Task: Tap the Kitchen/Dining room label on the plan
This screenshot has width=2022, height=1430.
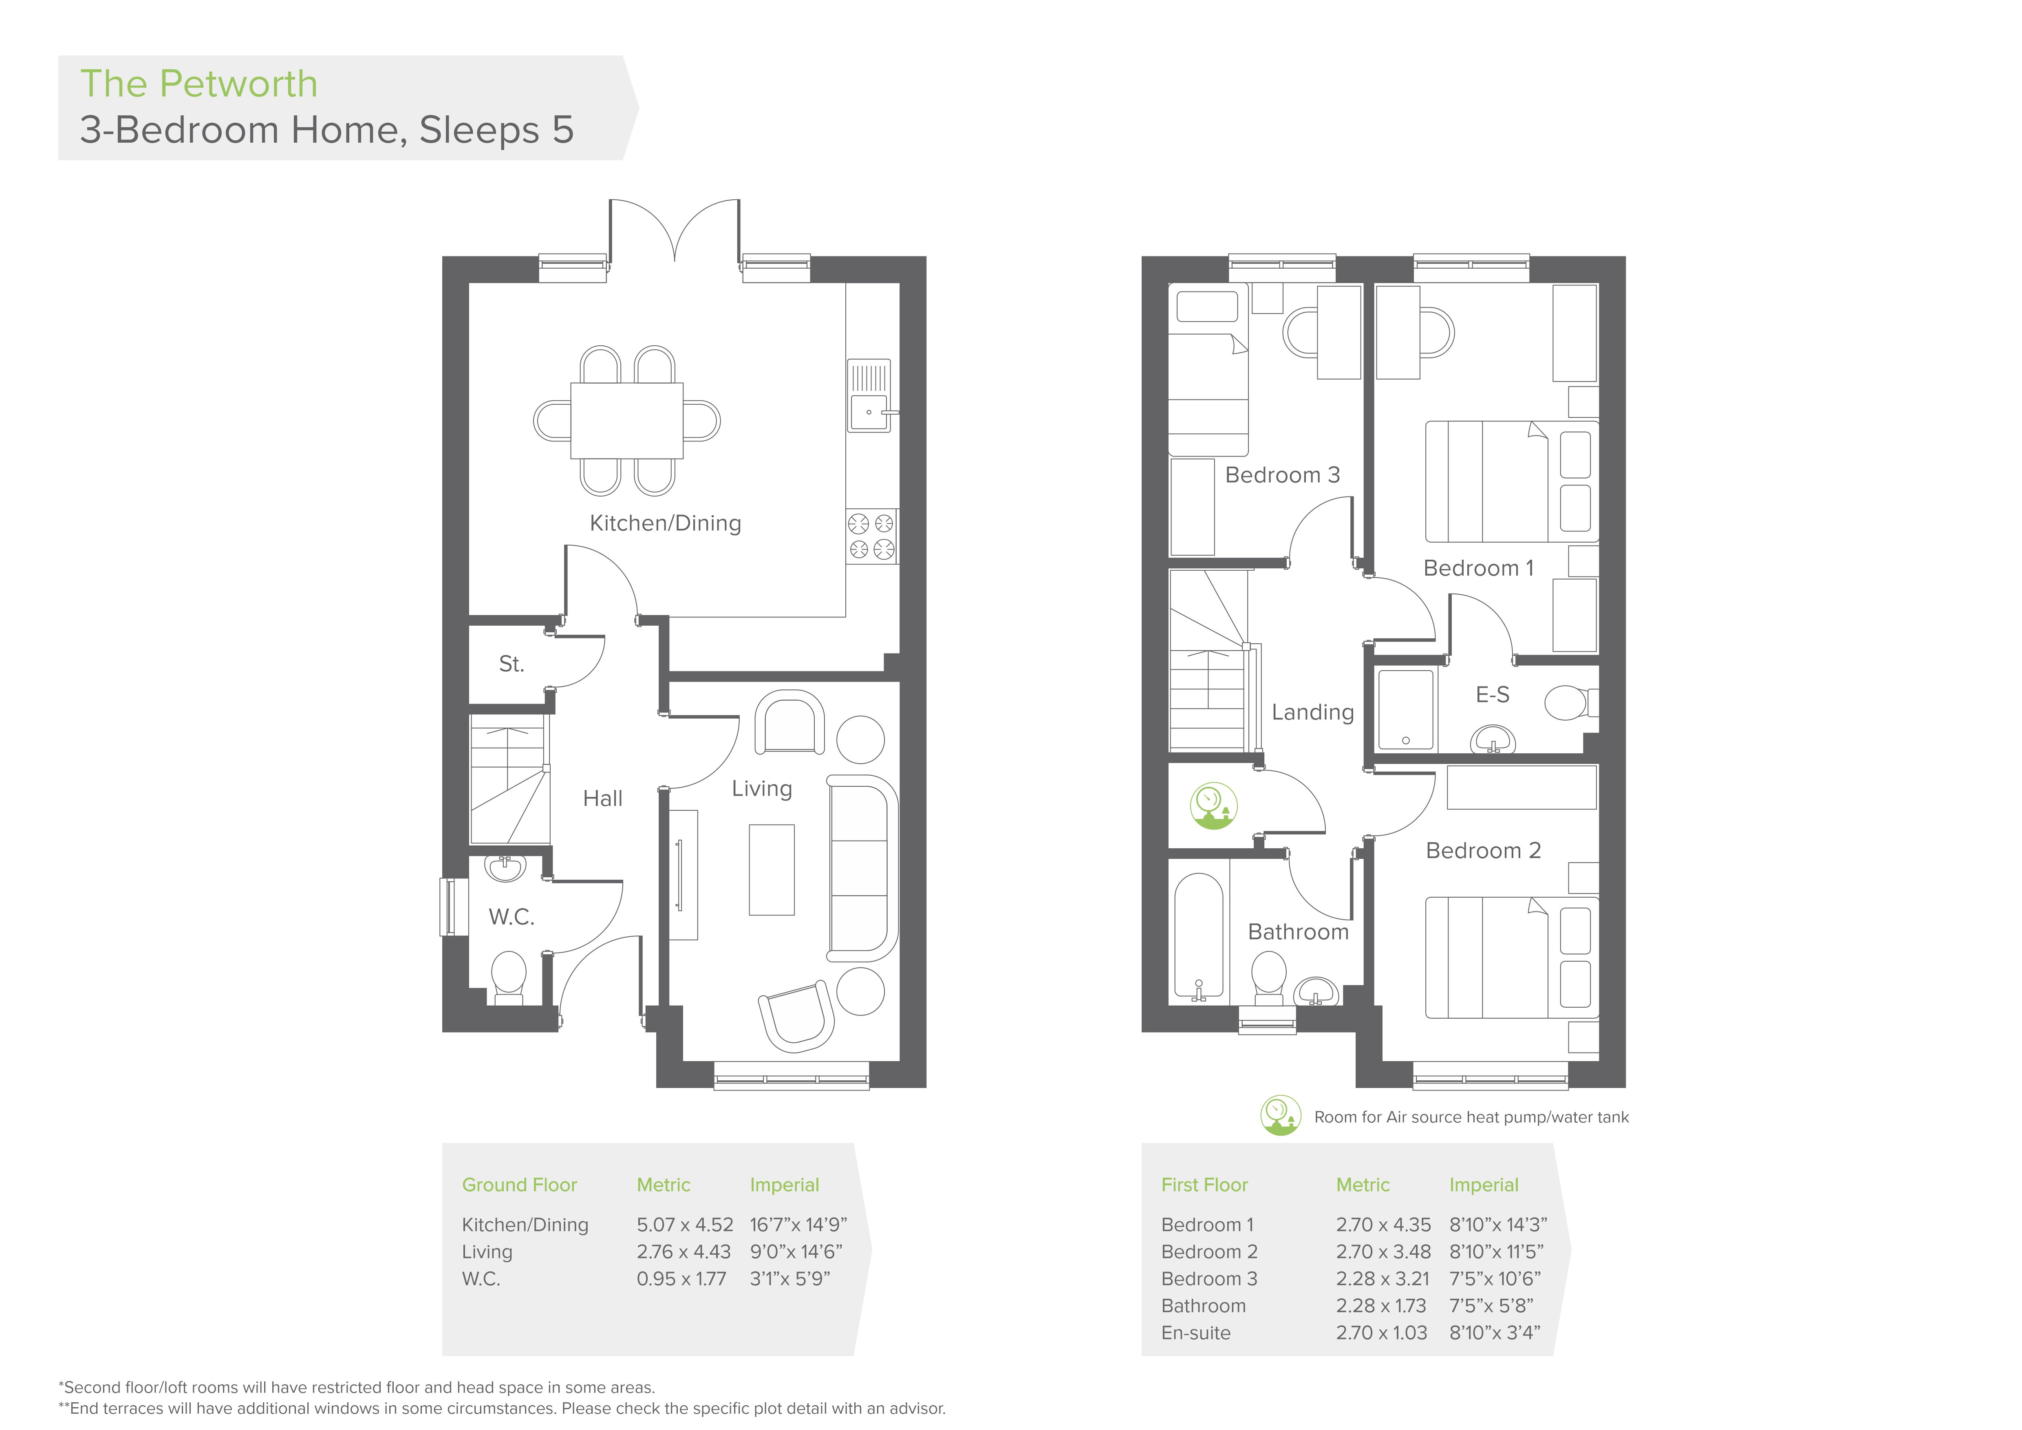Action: click(665, 523)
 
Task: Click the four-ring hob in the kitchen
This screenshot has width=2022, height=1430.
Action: click(871, 536)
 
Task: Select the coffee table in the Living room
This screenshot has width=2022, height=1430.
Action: click(772, 869)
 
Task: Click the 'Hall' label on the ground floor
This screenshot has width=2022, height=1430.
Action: click(602, 799)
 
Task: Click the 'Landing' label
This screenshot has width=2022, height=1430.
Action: click(1312, 713)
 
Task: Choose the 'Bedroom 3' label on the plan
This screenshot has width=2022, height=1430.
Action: click(1282, 475)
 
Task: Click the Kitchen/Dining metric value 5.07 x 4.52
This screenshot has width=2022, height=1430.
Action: click(684, 1225)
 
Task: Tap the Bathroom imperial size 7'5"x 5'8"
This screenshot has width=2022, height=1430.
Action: click(1491, 1306)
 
